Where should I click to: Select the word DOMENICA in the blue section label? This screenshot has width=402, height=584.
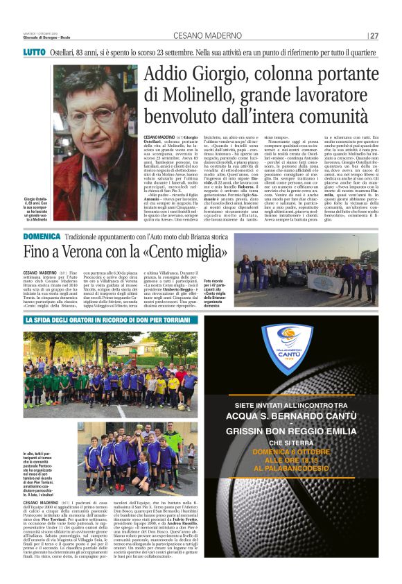point(42,237)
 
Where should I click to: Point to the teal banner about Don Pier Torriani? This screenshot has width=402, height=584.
point(111,320)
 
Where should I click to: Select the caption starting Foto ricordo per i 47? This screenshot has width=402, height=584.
point(219,293)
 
